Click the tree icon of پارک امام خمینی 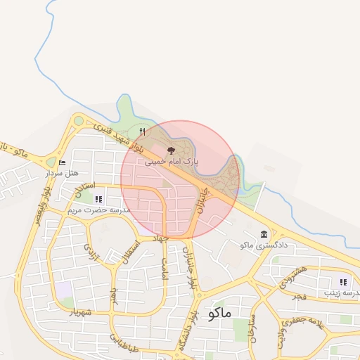171,150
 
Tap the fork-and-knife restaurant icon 143,131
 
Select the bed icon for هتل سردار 63,162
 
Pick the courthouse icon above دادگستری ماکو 264,234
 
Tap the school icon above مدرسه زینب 343,282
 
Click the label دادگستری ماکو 256,245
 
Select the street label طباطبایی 124,342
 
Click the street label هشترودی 292,276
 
